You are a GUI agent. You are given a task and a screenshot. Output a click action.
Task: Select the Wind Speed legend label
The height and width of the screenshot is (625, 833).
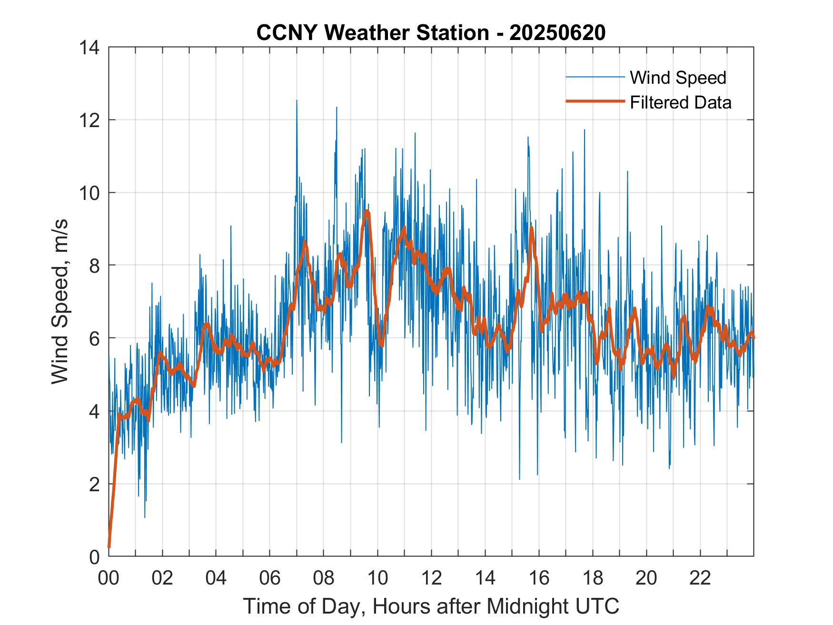[678, 78]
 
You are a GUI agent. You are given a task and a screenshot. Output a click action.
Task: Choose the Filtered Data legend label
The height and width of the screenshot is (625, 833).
[680, 102]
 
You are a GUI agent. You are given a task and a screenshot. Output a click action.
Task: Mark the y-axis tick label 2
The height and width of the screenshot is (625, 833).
[94, 485]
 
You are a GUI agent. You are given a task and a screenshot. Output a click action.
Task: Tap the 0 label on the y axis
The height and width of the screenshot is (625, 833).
[94, 557]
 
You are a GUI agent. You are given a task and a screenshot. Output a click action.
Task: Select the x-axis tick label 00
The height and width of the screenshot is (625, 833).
[109, 578]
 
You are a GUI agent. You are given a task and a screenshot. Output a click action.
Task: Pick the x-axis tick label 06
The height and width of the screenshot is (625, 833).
[270, 578]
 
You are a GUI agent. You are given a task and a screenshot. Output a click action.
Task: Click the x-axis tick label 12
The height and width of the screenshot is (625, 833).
[431, 578]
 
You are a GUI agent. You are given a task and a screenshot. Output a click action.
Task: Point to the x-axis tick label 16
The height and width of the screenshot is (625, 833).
[539, 578]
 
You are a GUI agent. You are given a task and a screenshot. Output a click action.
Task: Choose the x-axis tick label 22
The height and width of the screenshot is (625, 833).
[700, 578]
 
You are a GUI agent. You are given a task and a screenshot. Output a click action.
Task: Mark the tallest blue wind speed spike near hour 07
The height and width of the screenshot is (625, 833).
[297, 101]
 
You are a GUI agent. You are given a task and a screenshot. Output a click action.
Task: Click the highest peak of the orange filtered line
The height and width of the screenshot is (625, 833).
[367, 211]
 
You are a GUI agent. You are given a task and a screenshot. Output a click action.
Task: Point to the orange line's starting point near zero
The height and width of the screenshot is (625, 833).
[109, 547]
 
